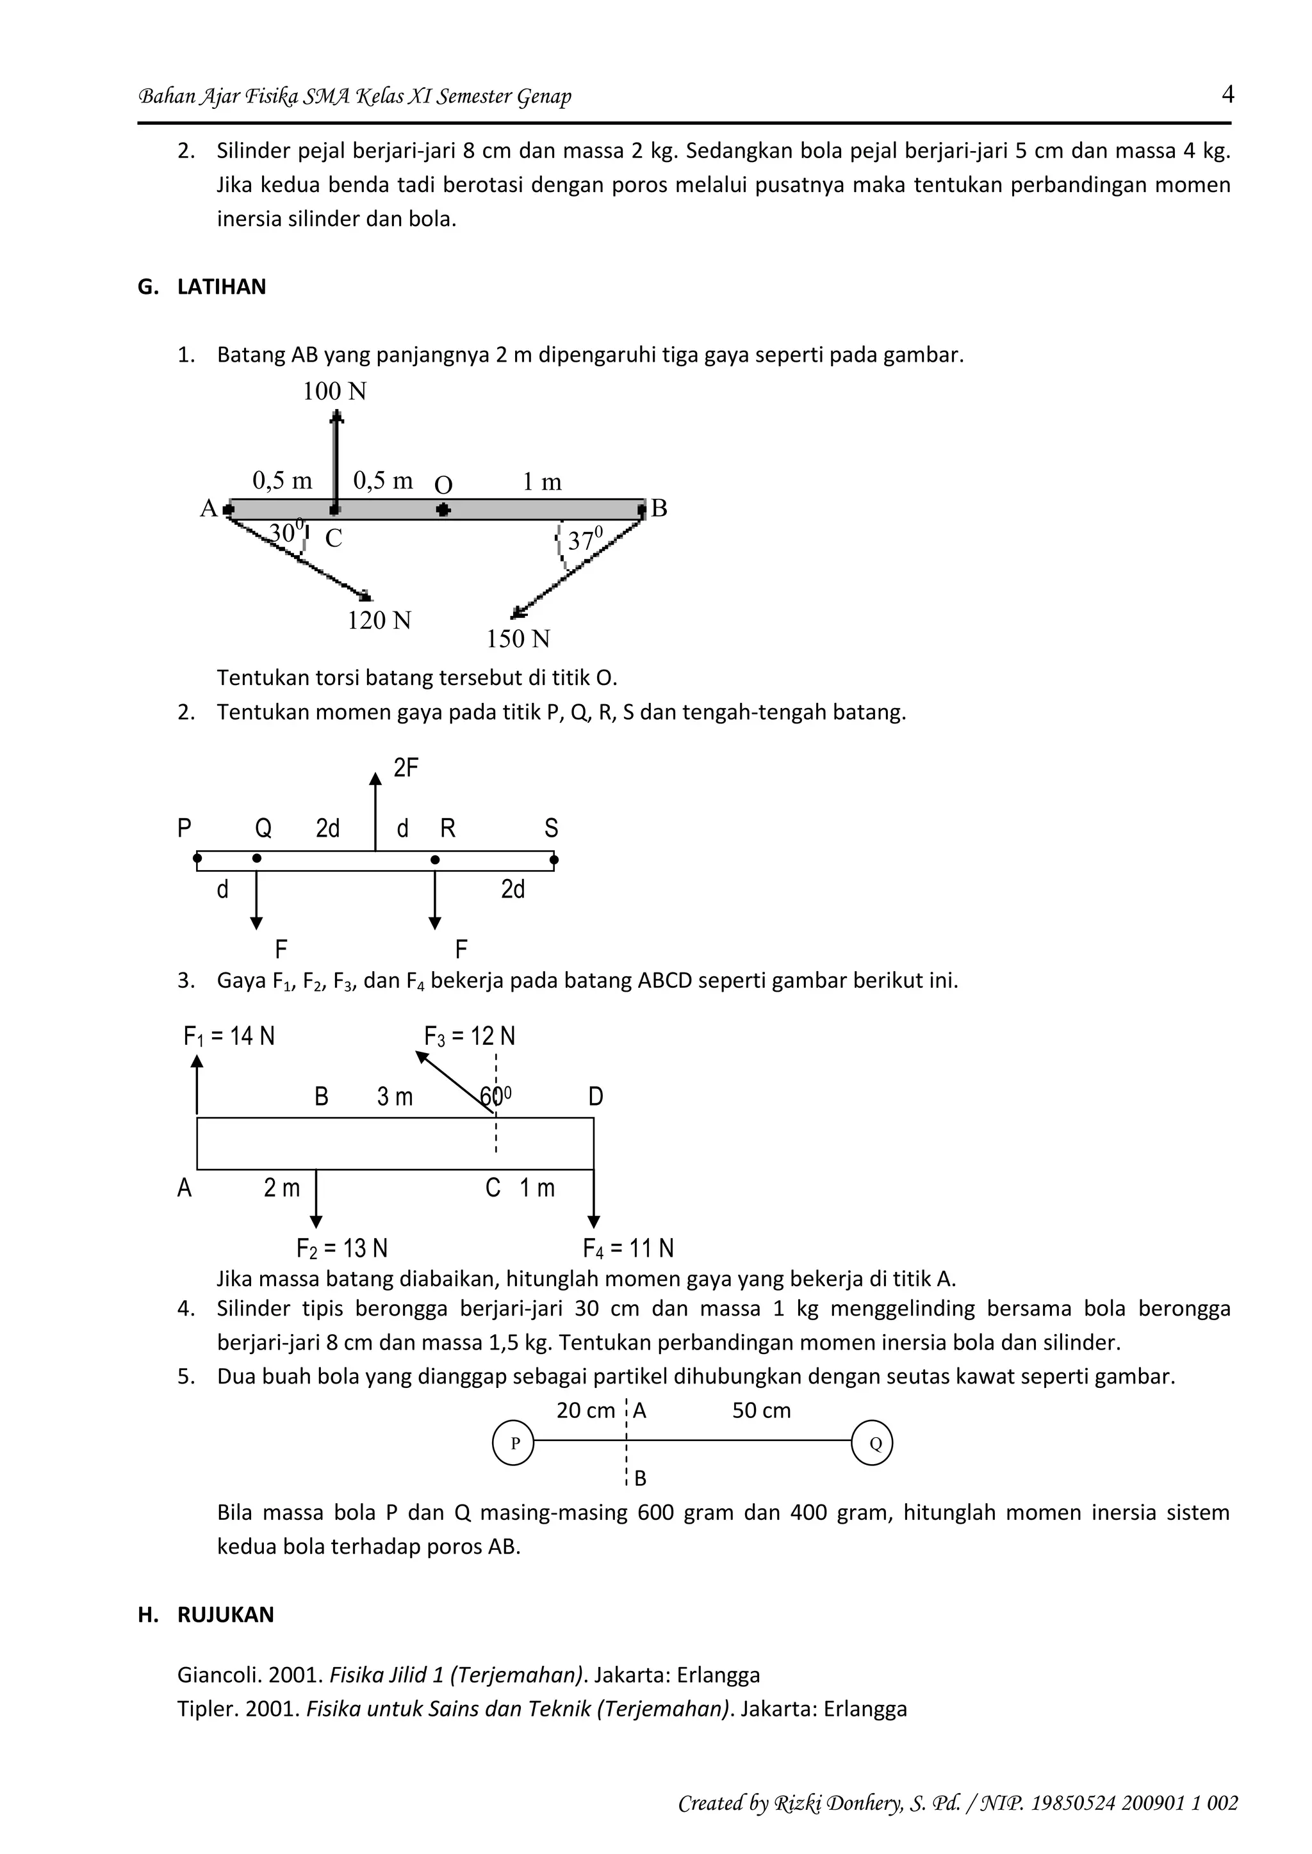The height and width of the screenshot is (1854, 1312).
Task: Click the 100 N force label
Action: pos(334,392)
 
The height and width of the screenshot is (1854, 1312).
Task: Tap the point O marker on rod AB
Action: pos(443,510)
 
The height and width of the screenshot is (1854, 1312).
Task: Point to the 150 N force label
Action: pos(518,640)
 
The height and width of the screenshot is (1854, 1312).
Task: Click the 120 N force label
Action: pos(379,621)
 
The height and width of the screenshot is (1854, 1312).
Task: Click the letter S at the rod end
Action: pos(551,828)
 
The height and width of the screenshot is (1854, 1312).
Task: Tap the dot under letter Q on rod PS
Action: pos(257,858)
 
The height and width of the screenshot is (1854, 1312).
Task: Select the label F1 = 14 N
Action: pos(229,1036)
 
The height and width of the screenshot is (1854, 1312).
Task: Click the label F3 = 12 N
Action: pos(470,1036)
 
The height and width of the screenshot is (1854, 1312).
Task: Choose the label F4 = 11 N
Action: pos(628,1249)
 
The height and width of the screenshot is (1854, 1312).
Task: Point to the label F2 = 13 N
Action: pos(341,1249)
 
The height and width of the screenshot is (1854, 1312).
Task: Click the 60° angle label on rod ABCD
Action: pos(495,1097)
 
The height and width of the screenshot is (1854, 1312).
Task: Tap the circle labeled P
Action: pos(513,1443)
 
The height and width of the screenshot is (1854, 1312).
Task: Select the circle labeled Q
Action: pos(873,1443)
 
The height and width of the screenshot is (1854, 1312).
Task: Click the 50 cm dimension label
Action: pos(761,1411)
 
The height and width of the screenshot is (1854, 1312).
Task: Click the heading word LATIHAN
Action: pos(222,287)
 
